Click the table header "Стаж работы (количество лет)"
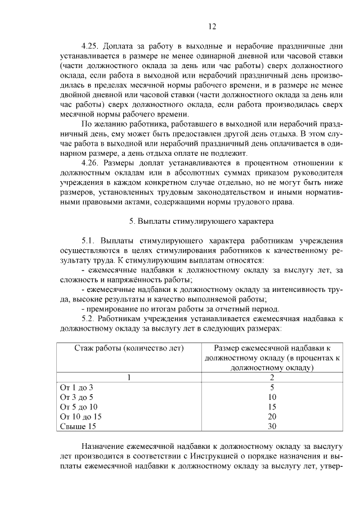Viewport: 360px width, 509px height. coord(129,348)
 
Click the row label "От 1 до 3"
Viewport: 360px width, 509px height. coord(76,388)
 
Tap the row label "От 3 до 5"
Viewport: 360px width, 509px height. coord(76,397)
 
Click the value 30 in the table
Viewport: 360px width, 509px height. coord(272,427)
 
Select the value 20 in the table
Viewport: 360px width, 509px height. coord(272,417)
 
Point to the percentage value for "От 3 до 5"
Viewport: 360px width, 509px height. coord(272,397)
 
